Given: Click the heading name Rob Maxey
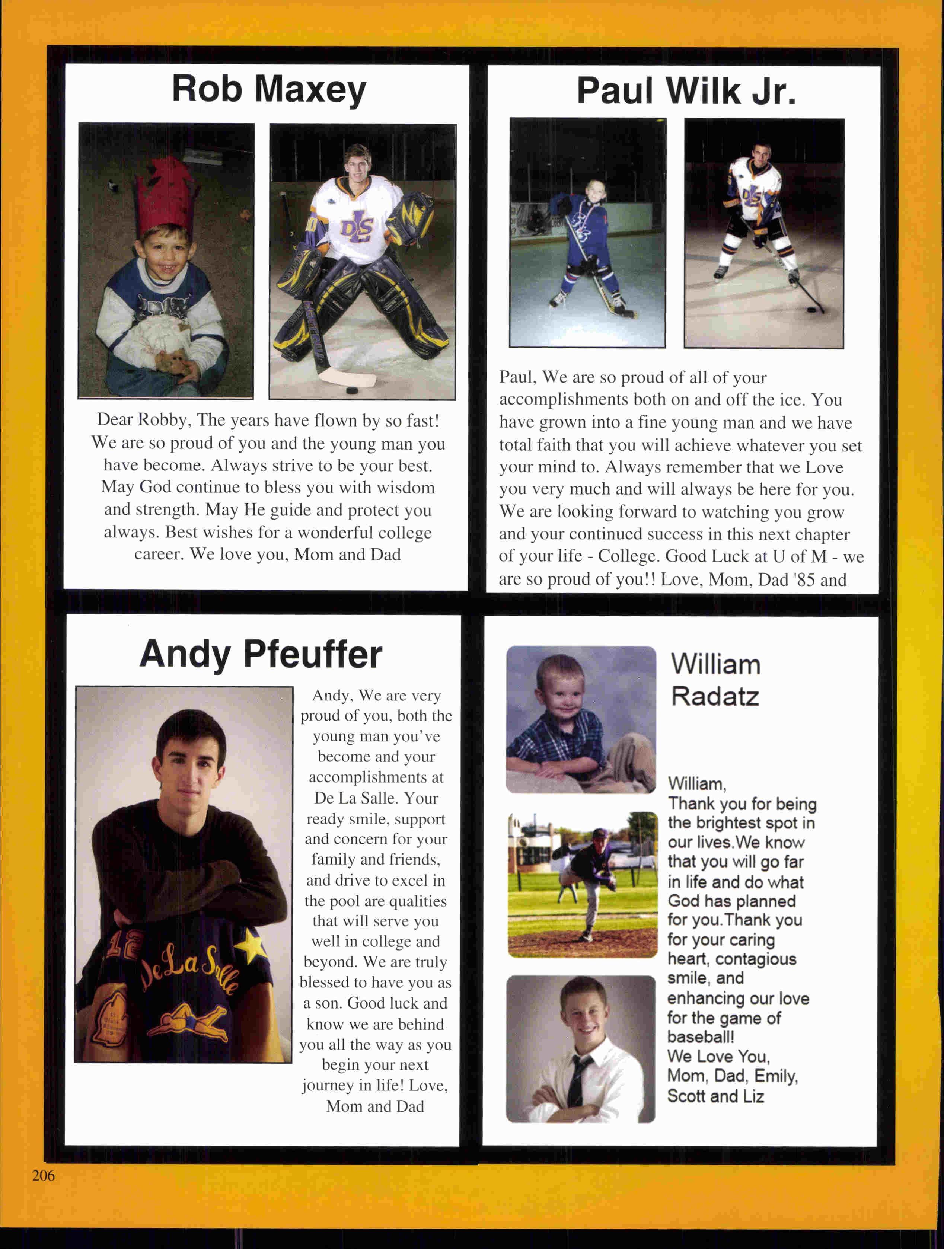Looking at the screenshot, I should [269, 89].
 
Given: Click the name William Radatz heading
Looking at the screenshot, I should [715, 680].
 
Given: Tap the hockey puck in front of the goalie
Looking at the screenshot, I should [353, 390].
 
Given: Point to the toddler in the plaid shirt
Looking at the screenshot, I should [570, 717].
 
